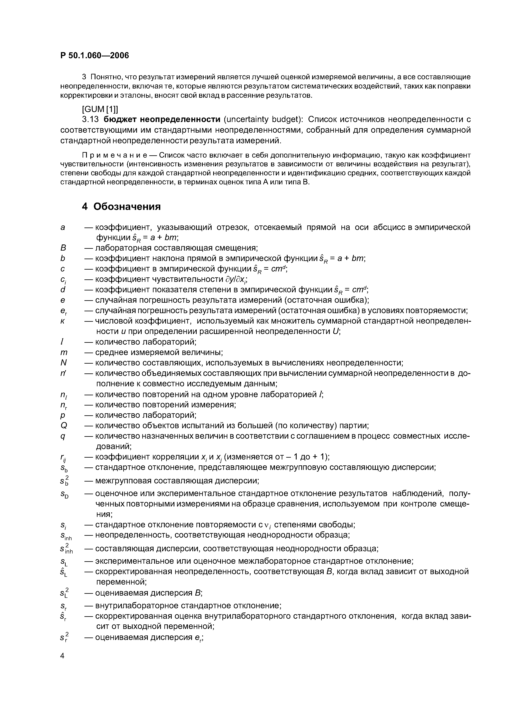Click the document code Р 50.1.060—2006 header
94,56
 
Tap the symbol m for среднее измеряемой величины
64,353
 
